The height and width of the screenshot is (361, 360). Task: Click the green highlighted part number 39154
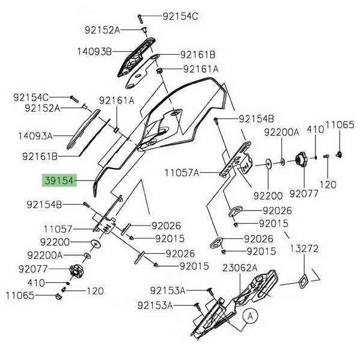click(59, 180)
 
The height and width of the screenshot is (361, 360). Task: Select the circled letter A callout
click(250, 316)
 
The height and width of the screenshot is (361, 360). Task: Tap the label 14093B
click(94, 52)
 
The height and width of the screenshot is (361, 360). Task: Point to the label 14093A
click(35, 136)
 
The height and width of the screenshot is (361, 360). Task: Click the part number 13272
click(304, 249)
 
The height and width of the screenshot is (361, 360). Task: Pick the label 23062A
click(240, 268)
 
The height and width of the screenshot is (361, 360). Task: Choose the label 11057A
click(182, 173)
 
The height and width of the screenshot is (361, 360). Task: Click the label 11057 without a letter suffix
click(58, 229)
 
